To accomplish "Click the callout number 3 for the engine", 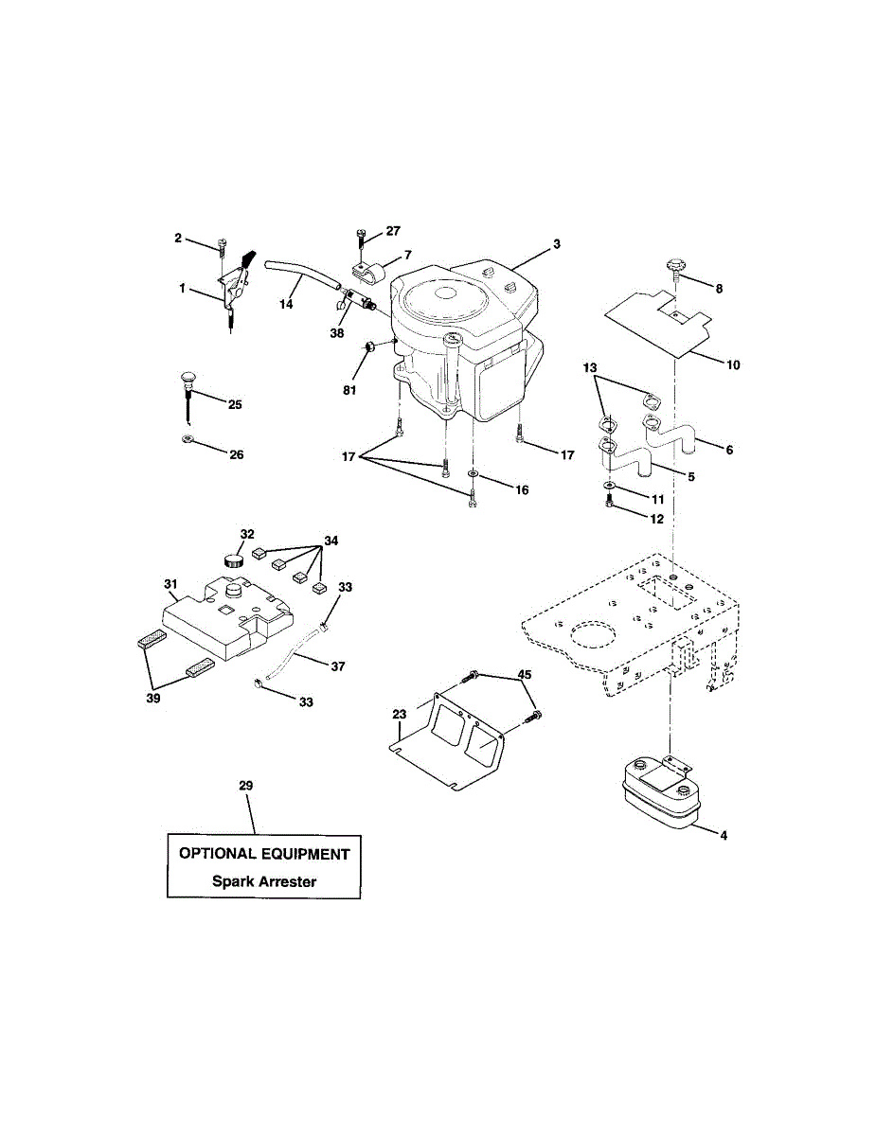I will [557, 244].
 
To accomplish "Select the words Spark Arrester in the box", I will [264, 881].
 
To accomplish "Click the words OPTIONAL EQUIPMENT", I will [264, 854].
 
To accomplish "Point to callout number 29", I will [246, 787].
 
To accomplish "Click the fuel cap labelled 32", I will [234, 559].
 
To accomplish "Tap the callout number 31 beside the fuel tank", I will [170, 583].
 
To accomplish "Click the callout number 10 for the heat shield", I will [734, 364].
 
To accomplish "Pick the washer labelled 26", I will [187, 440].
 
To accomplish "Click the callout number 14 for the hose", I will [286, 304].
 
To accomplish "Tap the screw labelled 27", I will [361, 237].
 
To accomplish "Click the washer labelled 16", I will [473, 472].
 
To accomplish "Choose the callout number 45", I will [523, 676].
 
